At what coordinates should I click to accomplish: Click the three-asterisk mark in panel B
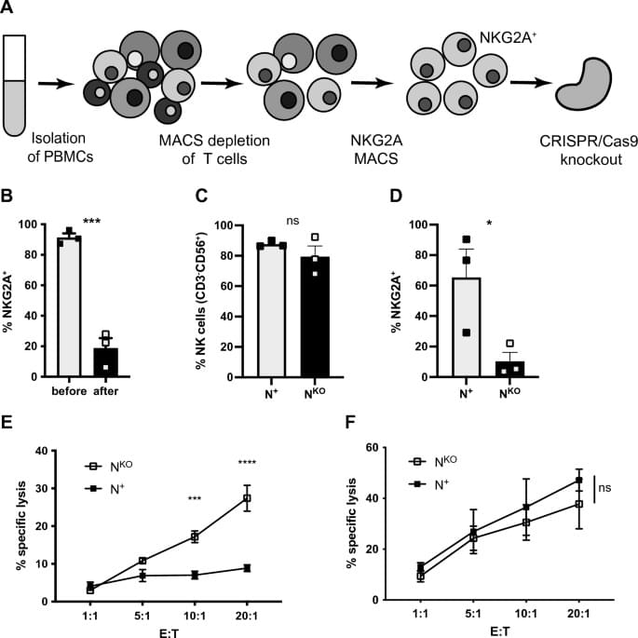coord(91,221)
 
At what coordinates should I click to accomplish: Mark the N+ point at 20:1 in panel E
coord(247,568)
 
